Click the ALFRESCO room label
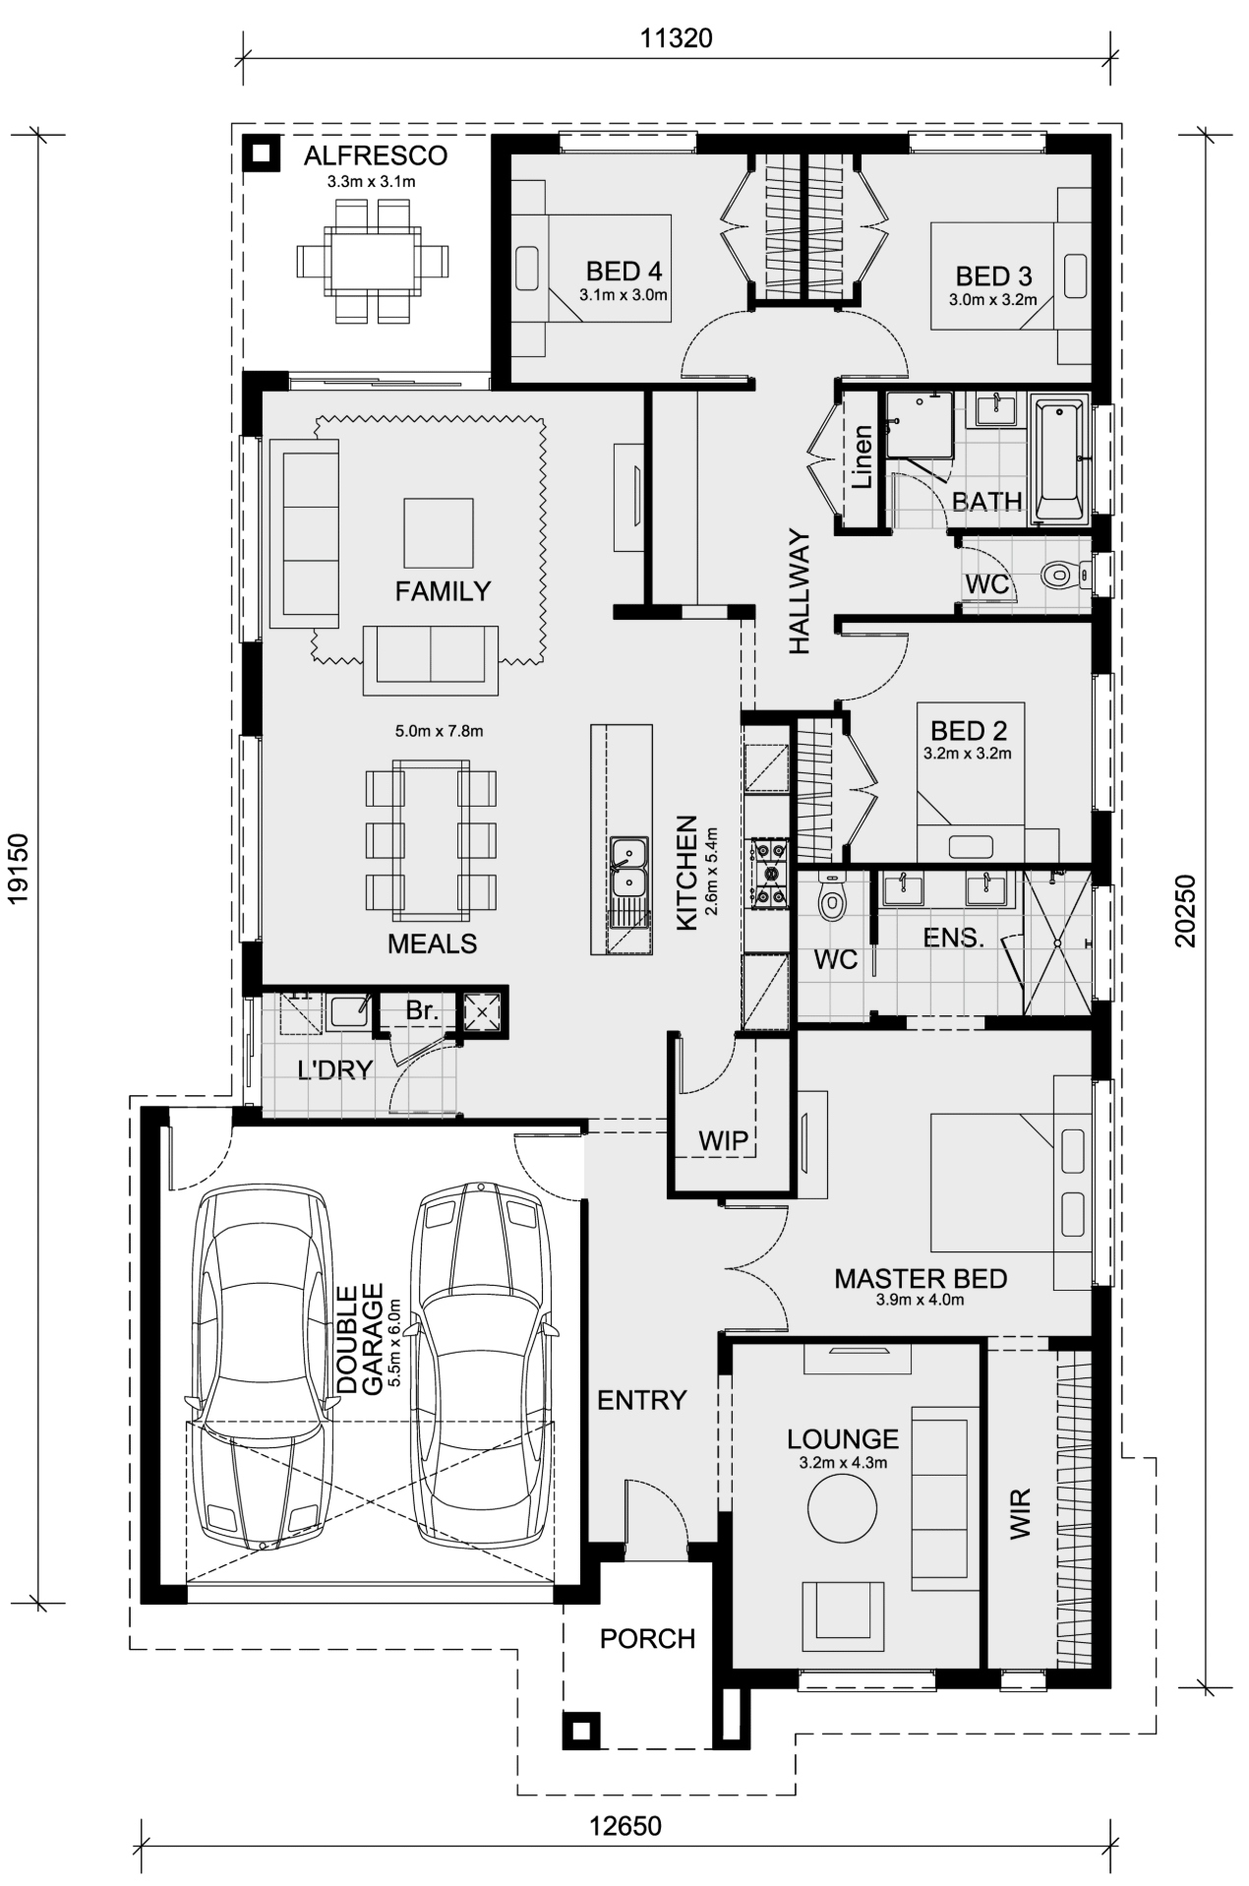click(x=375, y=155)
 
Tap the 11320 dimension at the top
click(x=676, y=38)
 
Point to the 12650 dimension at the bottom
click(x=625, y=1826)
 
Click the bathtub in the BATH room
click(x=1058, y=458)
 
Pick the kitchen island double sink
click(x=626, y=867)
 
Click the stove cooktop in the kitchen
click(x=768, y=871)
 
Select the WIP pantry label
click(x=724, y=1140)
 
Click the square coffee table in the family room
click(x=438, y=532)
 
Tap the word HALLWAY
click(x=799, y=592)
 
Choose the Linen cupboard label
click(x=862, y=457)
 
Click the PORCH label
click(x=647, y=1638)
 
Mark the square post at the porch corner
click(x=580, y=1729)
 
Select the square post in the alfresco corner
click(x=261, y=152)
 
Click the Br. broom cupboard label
click(x=422, y=1010)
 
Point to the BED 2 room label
click(x=969, y=731)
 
